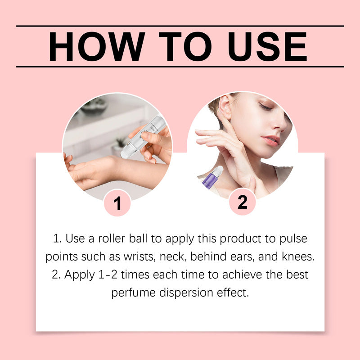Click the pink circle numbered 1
coord(117,203)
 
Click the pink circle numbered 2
coord(242,202)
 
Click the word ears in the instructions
coord(252,257)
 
